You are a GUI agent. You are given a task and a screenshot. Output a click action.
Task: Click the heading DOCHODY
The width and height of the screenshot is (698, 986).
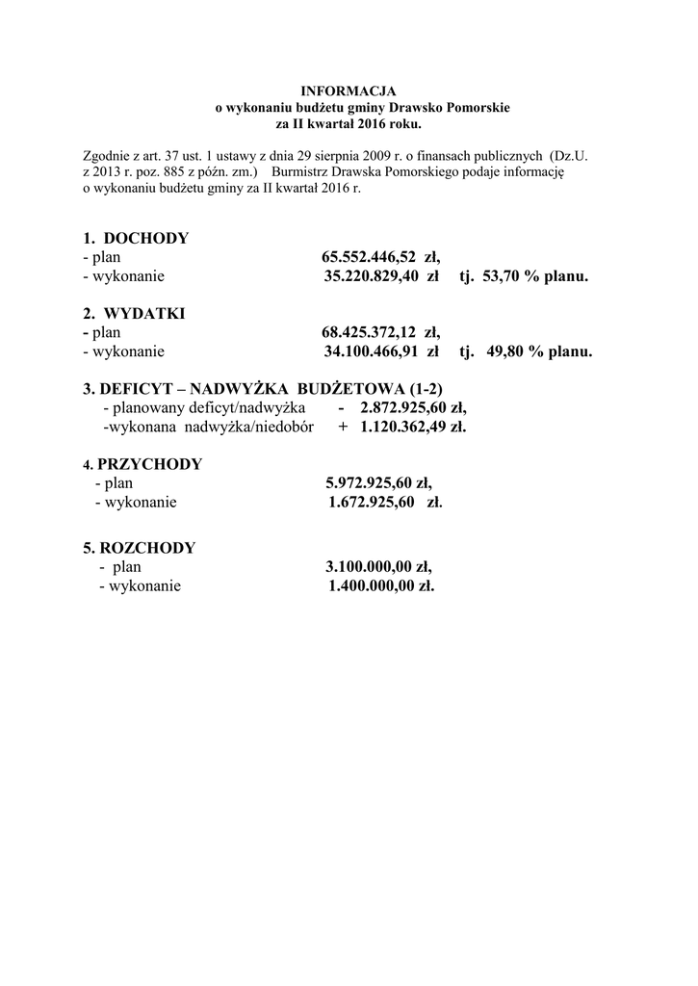pos(146,238)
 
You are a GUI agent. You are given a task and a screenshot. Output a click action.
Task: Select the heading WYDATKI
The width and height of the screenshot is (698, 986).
pos(144,314)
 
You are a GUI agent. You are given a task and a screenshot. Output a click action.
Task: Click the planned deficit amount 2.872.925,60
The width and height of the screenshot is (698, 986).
pos(403,407)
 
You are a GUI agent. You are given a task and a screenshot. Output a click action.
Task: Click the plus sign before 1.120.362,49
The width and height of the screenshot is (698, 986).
pos(343,427)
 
